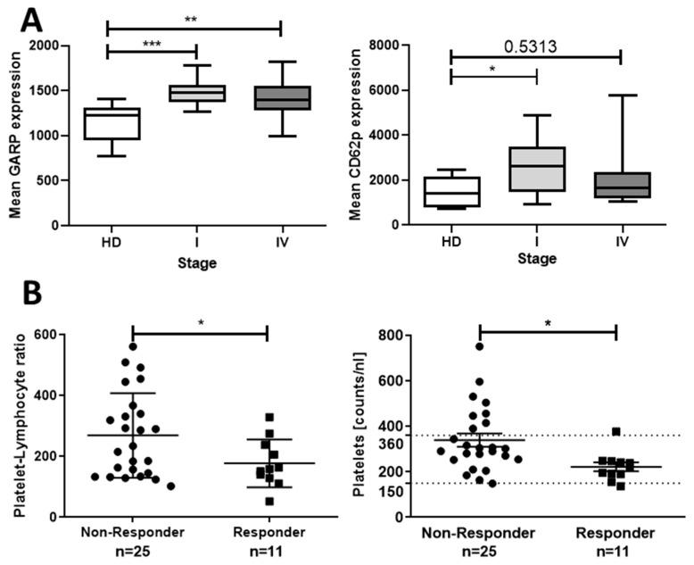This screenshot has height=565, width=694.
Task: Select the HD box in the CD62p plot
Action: pyautogui.click(x=451, y=191)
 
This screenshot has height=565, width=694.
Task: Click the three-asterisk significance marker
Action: pyautogui.click(x=151, y=42)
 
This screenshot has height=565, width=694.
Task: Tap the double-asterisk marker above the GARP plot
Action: pyautogui.click(x=192, y=18)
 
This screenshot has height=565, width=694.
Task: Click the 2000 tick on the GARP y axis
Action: pyautogui.click(x=45, y=46)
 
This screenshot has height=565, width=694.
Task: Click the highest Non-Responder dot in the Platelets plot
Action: pyautogui.click(x=480, y=346)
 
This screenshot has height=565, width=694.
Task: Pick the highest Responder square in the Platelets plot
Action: pyautogui.click(x=616, y=432)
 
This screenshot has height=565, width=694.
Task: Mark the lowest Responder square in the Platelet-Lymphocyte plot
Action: pyautogui.click(x=268, y=501)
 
